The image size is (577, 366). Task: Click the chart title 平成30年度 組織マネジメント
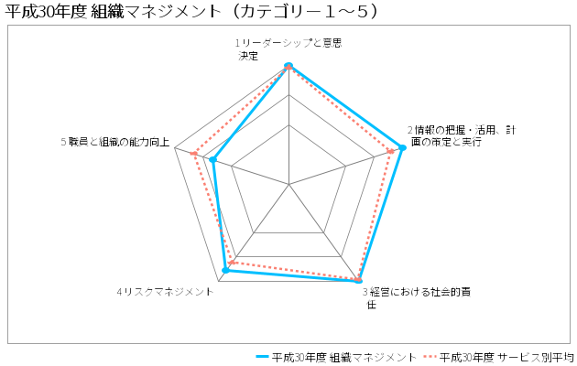pyautogui.click(x=191, y=11)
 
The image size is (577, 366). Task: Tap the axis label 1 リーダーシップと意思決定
pyautogui.click(x=288, y=49)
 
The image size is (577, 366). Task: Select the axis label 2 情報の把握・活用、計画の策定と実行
pyautogui.click(x=462, y=135)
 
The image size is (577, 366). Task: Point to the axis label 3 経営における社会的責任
pyautogui.click(x=417, y=298)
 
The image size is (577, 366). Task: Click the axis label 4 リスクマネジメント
pyautogui.click(x=165, y=292)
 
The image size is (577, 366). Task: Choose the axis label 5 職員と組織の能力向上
pyautogui.click(x=115, y=142)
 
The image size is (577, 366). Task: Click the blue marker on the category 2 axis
pyautogui.click(x=402, y=147)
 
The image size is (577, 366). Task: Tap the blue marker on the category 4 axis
pyautogui.click(x=226, y=270)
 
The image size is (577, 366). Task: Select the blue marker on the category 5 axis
pyautogui.click(x=212, y=160)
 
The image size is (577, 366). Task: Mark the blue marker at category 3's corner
pyautogui.click(x=359, y=280)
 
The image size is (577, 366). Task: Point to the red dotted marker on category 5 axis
pyautogui.click(x=193, y=153)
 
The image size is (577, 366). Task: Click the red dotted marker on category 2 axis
pyautogui.click(x=391, y=151)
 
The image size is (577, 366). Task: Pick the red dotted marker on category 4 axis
pyautogui.click(x=232, y=263)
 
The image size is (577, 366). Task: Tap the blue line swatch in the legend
pyautogui.click(x=262, y=357)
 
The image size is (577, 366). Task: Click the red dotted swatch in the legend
pyautogui.click(x=430, y=357)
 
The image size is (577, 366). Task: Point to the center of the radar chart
pyautogui.click(x=288, y=184)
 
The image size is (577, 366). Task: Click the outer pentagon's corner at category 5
pyautogui.click(x=175, y=147)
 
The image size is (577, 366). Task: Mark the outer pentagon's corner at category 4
pyautogui.click(x=219, y=282)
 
